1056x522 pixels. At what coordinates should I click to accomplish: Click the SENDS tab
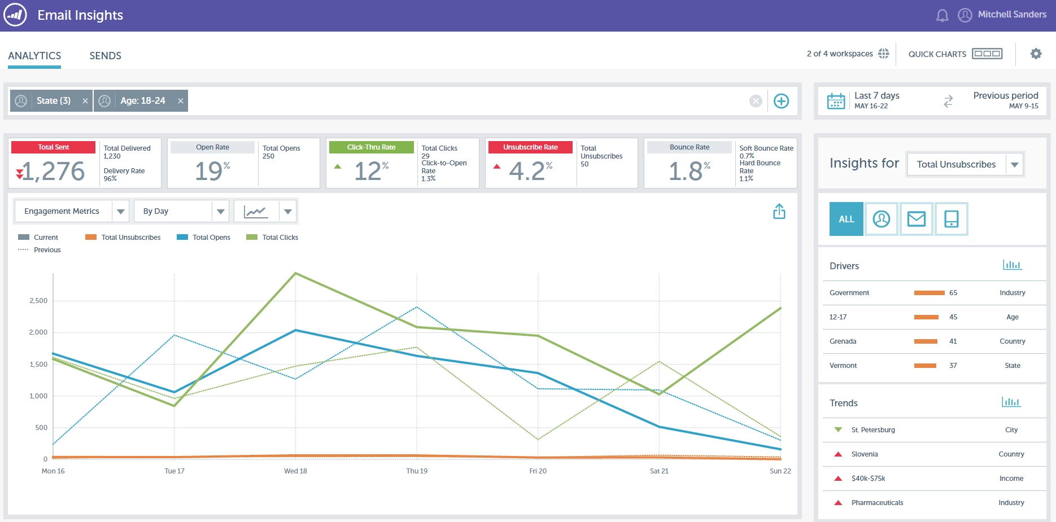coord(105,56)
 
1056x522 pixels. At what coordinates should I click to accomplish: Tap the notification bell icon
coord(942,15)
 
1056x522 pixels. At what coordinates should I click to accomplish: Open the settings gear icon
coord(1036,54)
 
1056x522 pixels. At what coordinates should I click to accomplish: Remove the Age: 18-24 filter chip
coord(181,101)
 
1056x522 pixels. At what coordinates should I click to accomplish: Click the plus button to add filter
coord(781,101)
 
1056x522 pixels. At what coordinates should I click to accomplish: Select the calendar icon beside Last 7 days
coord(836,101)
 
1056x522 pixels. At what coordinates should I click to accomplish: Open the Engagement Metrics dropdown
coord(71,211)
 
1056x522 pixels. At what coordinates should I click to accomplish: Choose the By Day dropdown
coord(181,211)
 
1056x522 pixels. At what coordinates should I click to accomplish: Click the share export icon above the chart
coord(779,212)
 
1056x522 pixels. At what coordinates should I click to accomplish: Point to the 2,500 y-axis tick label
coord(38,301)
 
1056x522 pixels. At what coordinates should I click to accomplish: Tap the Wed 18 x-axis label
coord(295,471)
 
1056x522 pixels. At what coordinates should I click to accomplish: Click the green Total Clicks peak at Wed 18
coord(295,273)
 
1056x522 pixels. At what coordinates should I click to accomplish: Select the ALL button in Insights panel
coord(846,219)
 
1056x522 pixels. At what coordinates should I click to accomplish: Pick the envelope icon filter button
coord(916,219)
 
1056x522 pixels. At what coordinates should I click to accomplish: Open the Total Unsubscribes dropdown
coord(965,165)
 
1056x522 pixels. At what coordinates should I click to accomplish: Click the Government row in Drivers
coord(849,293)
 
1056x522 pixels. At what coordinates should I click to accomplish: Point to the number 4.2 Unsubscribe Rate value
coord(526,171)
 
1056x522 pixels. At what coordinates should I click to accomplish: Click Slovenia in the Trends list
coord(865,454)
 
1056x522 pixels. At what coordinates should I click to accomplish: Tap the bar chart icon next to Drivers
coord(1012,265)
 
